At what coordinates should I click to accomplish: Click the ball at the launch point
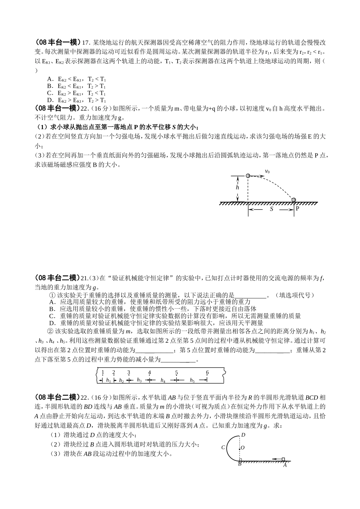pos(248,176)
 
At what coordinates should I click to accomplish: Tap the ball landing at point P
pos(294,200)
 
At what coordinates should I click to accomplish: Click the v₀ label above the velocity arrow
pos(267,172)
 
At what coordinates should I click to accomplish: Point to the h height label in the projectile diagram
pos(238,187)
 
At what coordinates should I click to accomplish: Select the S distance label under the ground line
pos(272,209)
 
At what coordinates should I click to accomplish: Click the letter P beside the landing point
pos(297,208)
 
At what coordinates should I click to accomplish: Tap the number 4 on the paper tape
pos(150,373)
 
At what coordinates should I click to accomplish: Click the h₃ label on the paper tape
pos(139,380)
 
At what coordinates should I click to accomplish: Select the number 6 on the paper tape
pos(207,373)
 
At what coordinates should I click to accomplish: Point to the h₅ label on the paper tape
pos(192,380)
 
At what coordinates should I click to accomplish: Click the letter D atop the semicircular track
pos(243,434)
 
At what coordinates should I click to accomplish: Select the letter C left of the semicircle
pos(223,448)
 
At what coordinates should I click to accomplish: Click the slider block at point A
pos(283,459)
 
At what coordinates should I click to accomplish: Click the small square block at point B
pos(240,459)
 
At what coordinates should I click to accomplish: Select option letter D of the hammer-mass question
pos(52,323)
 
